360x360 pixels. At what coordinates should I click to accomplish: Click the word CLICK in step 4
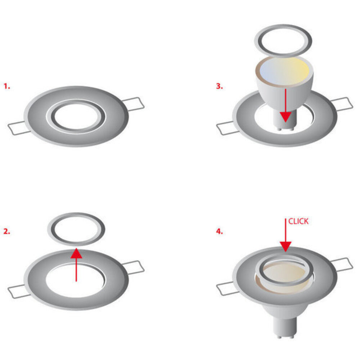coord(298,221)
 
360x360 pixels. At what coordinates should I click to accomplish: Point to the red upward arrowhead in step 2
coord(76,253)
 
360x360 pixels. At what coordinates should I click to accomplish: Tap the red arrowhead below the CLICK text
coord(285,247)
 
